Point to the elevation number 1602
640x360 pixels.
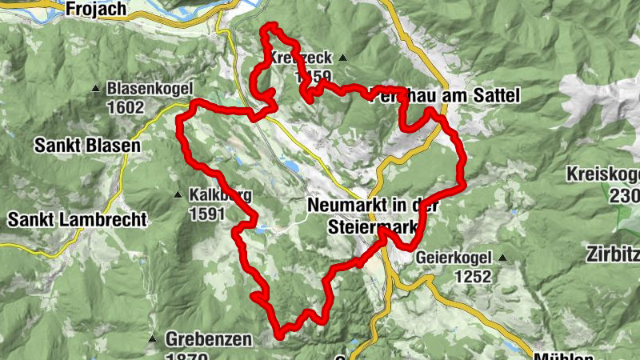click(x=126, y=106)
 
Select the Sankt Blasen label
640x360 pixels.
click(x=87, y=146)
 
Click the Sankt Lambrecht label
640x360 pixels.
click(x=77, y=218)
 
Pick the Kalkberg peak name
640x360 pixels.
click(x=221, y=194)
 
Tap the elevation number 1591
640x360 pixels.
click(x=209, y=214)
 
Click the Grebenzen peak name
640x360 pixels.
click(x=209, y=338)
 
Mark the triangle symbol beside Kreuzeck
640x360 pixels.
click(x=342, y=58)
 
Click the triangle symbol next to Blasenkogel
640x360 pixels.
click(x=96, y=88)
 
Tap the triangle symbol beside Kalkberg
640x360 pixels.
click(x=178, y=194)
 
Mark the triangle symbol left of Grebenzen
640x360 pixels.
click(x=152, y=338)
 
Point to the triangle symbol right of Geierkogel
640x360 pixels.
click(x=502, y=258)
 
